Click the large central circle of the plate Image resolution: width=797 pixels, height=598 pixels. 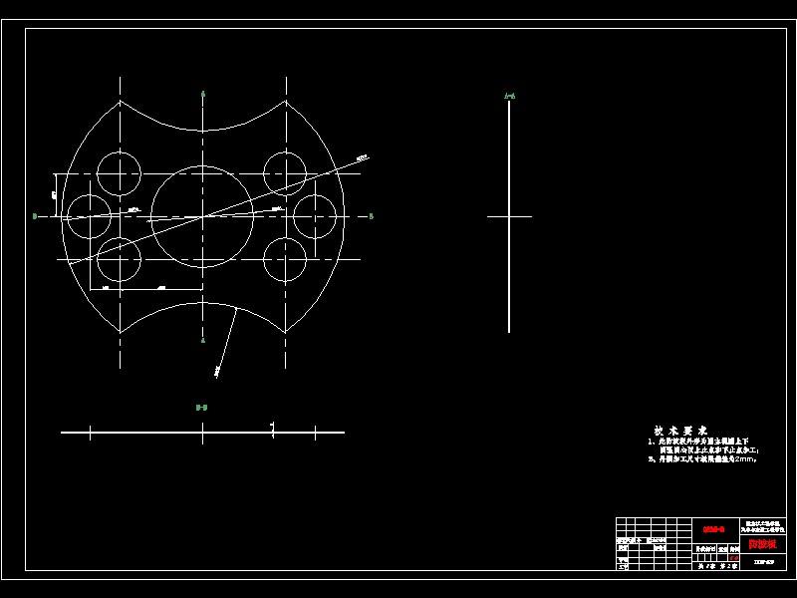pyautogui.click(x=203, y=215)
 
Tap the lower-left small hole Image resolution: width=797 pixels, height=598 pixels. pyautogui.click(x=120, y=260)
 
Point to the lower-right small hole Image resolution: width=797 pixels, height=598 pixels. pyautogui.click(x=286, y=260)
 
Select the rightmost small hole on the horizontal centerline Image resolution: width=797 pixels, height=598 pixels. pyautogui.click(x=317, y=215)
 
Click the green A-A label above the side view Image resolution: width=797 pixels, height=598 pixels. pyautogui.click(x=509, y=97)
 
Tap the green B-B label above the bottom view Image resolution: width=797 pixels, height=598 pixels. pyautogui.click(x=201, y=407)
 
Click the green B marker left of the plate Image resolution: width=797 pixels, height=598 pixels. pyautogui.click(x=35, y=215)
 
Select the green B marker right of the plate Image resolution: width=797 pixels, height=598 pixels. pyautogui.click(x=371, y=215)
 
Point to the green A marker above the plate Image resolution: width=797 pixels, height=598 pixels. pyautogui.click(x=203, y=94)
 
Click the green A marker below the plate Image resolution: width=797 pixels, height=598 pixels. pyautogui.click(x=203, y=341)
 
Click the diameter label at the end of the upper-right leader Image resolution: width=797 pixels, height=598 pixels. pyautogui.click(x=362, y=156)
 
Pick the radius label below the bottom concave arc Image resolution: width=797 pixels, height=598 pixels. pyautogui.click(x=217, y=372)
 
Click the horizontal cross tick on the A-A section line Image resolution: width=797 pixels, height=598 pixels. pyautogui.click(x=509, y=215)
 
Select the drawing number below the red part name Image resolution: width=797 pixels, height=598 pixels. pyautogui.click(x=764, y=562)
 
